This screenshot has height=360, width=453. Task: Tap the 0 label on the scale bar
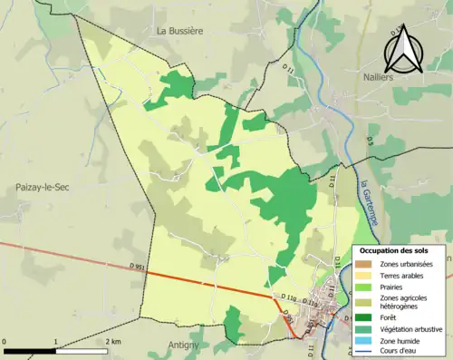pos(5,341)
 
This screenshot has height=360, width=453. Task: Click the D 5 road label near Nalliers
pos(370,140)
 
